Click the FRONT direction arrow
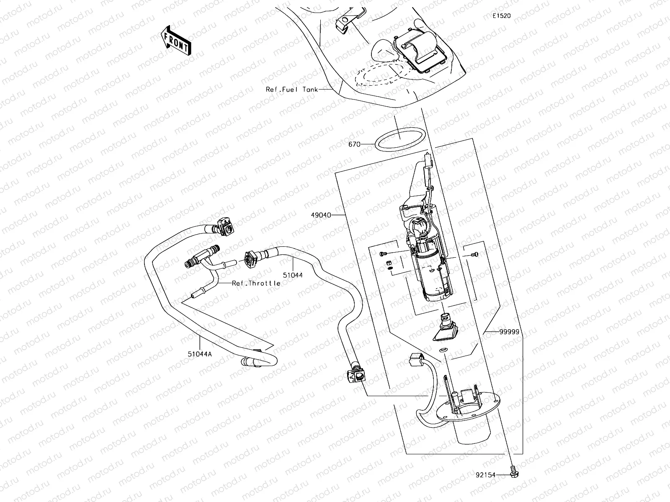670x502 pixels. tap(175, 40)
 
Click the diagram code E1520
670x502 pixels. tap(501, 16)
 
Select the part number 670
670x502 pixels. tap(354, 144)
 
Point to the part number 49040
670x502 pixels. tap(321, 215)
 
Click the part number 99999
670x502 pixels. tap(509, 332)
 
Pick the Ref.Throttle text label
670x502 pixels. tap(256, 283)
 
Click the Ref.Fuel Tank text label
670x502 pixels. tap(292, 89)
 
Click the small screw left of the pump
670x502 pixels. tap(383, 254)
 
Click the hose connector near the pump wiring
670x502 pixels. tap(356, 374)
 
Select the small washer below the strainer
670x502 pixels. tap(442, 349)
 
